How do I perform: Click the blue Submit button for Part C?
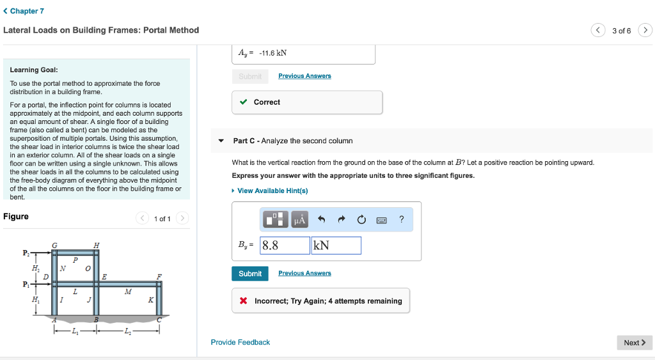(250, 274)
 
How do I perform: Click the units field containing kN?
(336, 246)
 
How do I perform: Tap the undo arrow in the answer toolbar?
(322, 220)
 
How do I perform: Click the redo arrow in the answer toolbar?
(342, 220)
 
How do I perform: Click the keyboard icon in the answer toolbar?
(381, 220)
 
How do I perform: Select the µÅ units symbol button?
(299, 220)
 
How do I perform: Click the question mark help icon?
(401, 220)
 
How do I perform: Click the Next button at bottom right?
(634, 343)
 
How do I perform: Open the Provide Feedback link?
(241, 342)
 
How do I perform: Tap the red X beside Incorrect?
(244, 301)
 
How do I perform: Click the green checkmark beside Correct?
(243, 102)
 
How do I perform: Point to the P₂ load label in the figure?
(26, 253)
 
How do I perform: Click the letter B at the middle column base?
(96, 318)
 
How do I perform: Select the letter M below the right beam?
(128, 292)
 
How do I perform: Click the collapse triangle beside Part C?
(221, 141)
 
